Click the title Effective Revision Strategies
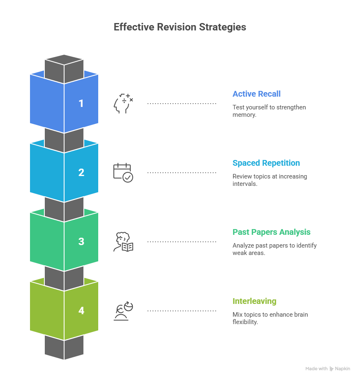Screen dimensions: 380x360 [180, 27]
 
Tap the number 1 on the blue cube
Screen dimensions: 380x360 [81, 103]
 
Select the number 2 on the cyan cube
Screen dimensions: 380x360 [81, 172]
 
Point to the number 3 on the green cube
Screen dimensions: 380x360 [81, 241]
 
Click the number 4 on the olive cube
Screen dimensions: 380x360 [81, 310]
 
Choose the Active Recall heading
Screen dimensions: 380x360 [256, 94]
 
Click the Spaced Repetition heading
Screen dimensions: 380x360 [266, 163]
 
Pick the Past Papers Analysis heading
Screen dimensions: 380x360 [271, 232]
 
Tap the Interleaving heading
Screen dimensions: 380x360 [254, 301]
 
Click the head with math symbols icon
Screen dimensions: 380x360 [123, 104]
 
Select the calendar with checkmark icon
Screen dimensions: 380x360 [123, 173]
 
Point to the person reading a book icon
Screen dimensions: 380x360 [123, 242]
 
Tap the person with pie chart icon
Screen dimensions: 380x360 [123, 311]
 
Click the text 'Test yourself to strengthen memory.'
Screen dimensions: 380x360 [269, 111]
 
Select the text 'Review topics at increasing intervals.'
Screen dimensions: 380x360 [269, 180]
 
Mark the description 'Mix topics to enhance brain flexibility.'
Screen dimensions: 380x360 [270, 318]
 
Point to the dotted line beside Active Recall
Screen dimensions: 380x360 [182, 104]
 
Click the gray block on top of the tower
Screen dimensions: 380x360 [64, 66]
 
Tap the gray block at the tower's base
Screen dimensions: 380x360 [64, 348]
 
